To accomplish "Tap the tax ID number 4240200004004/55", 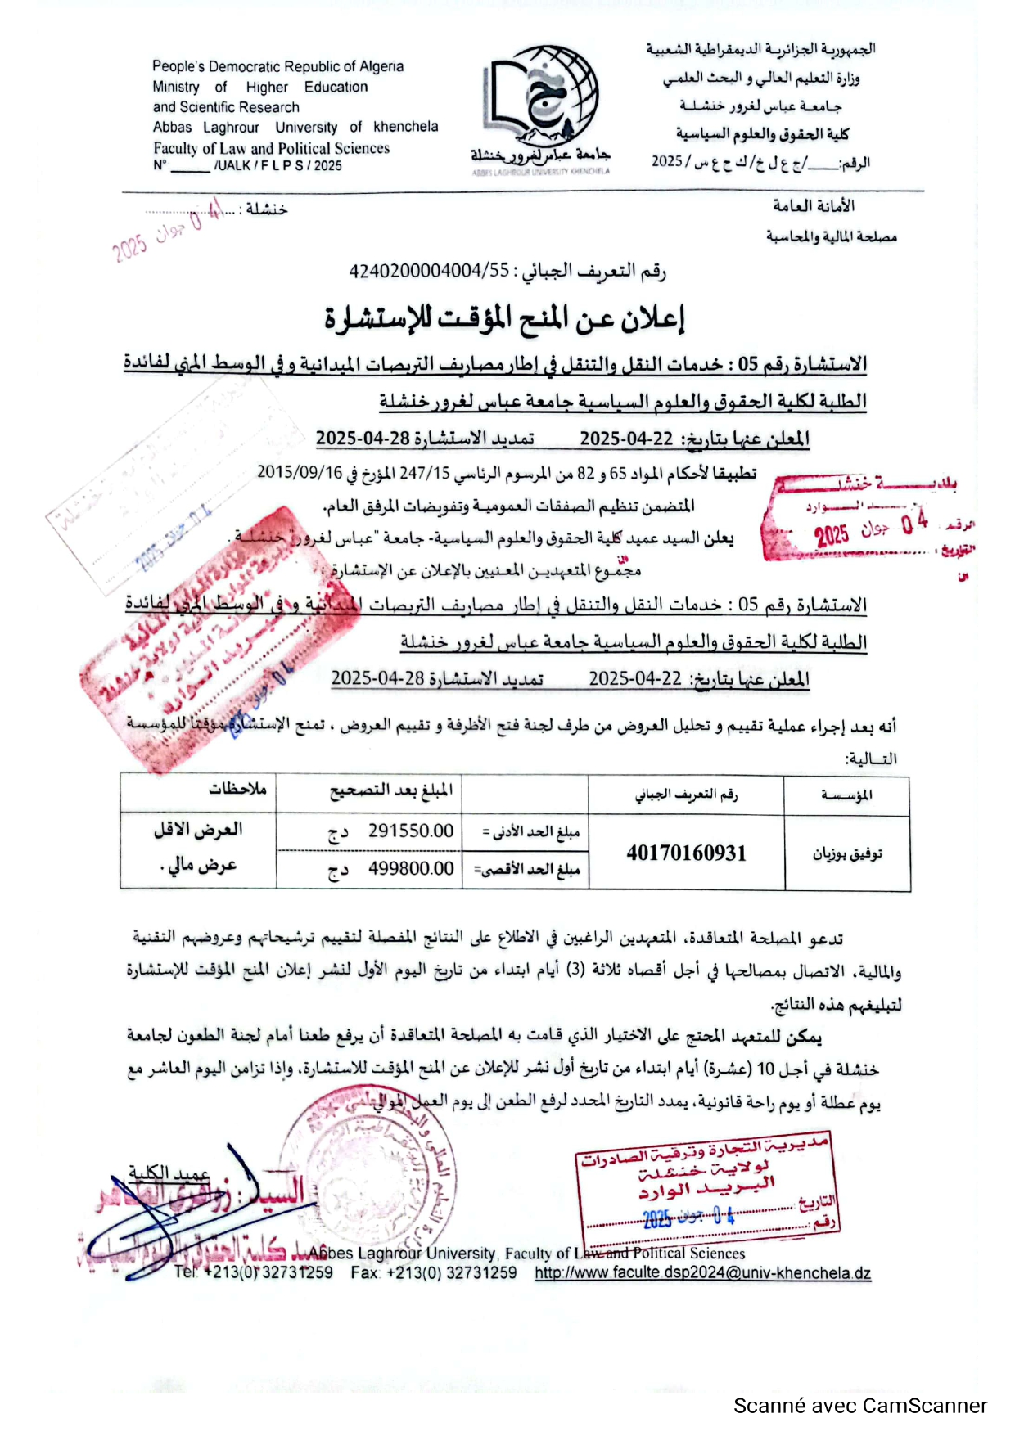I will (x=429, y=271).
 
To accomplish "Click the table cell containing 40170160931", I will (x=686, y=853).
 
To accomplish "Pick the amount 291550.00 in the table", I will (x=410, y=831).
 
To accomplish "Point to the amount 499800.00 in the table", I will (x=410, y=868).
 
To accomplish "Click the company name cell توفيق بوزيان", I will (x=846, y=854).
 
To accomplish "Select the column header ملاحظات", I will (x=237, y=789).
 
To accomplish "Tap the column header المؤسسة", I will (x=846, y=795).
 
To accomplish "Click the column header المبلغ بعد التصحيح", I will (x=390, y=790).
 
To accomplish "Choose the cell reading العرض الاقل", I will (x=198, y=830).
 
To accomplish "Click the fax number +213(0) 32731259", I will (x=434, y=1273).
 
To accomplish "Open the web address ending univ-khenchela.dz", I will (x=702, y=1273).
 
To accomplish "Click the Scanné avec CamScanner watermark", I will (x=859, y=1406).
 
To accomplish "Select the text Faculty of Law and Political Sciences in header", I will (x=271, y=148).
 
